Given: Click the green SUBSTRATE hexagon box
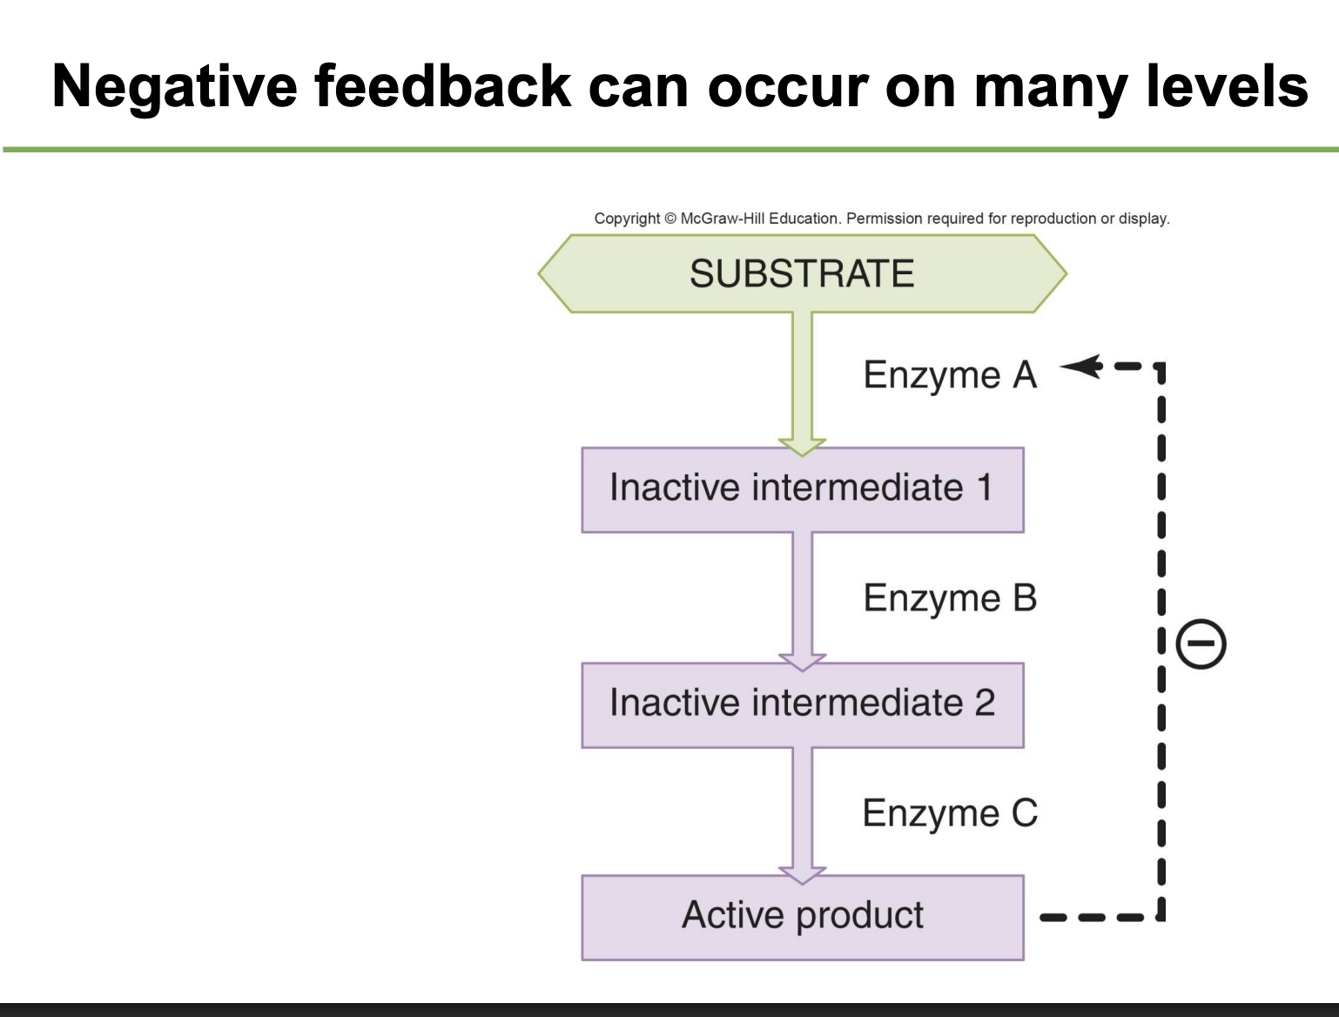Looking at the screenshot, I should click(x=802, y=273).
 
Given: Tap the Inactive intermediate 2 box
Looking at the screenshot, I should click(x=802, y=704).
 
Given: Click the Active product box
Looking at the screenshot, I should click(x=802, y=917).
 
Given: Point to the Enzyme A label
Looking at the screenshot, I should click(x=950, y=375).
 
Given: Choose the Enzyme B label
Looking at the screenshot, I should click(x=950, y=598).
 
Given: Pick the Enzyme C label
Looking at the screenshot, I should click(x=950, y=813).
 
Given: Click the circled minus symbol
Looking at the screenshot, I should click(x=1201, y=644).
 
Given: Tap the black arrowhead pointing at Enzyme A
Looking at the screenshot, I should click(x=1080, y=367).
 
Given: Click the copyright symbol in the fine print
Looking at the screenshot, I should click(x=669, y=219).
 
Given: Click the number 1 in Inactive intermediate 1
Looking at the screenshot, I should click(x=984, y=488).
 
